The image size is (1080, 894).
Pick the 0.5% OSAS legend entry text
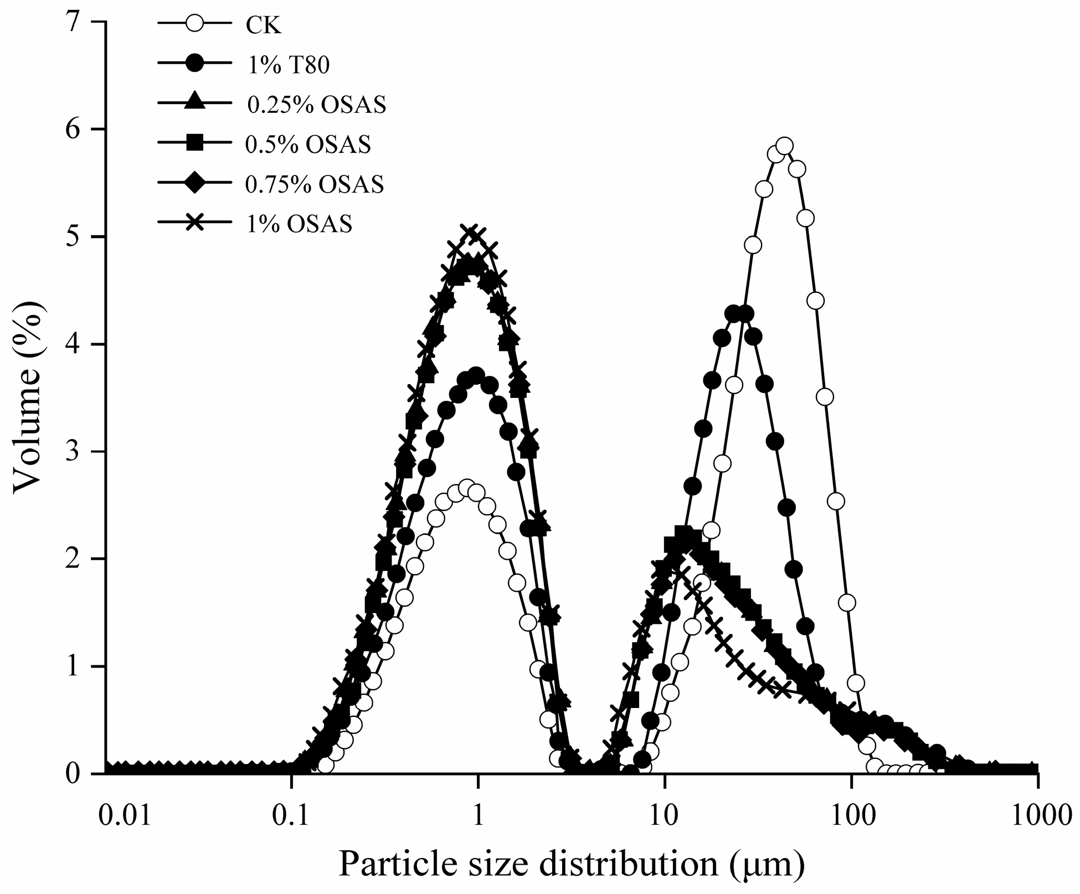(308, 144)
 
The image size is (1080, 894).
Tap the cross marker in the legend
(194, 224)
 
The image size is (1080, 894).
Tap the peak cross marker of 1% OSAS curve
(471, 233)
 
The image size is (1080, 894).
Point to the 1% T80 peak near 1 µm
(476, 375)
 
